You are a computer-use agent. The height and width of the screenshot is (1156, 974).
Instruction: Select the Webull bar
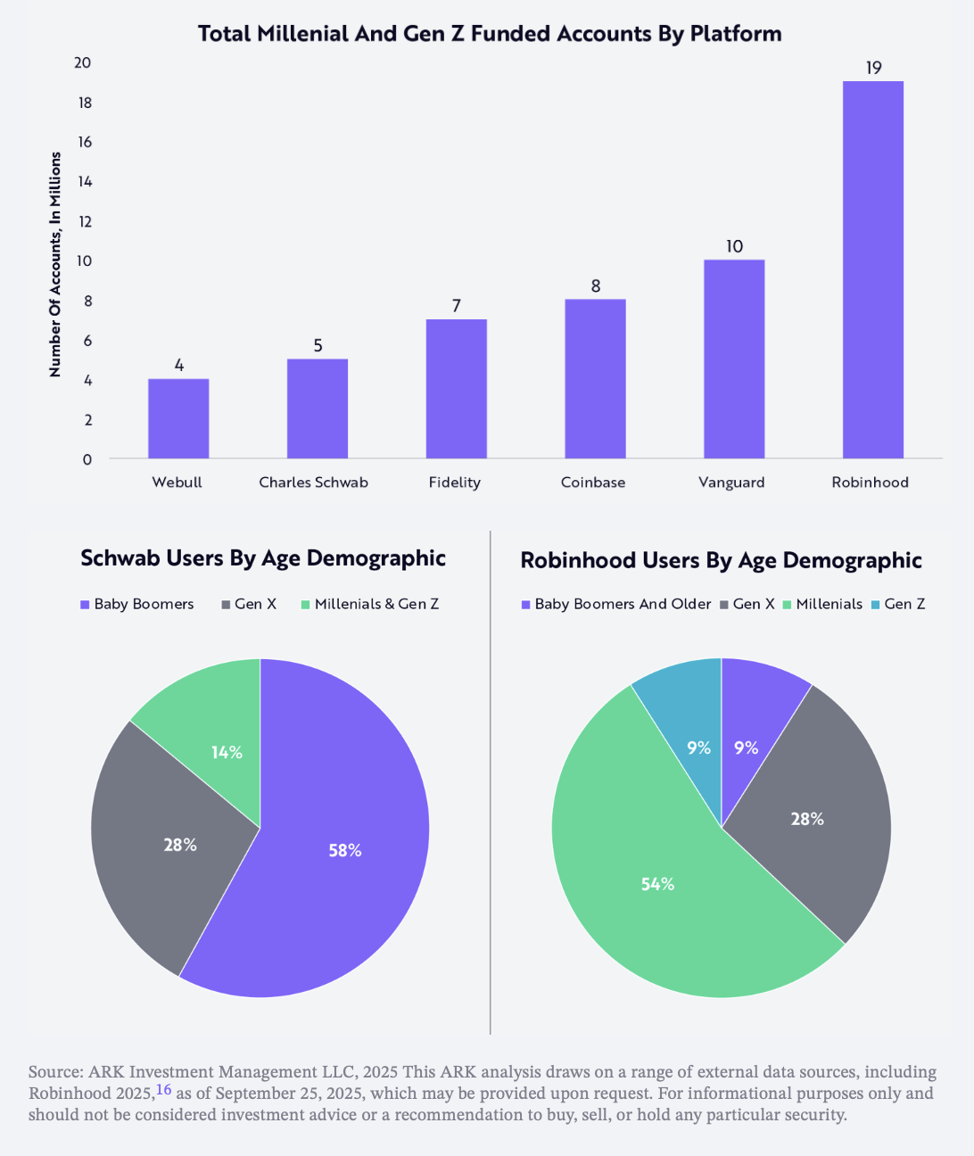(x=178, y=418)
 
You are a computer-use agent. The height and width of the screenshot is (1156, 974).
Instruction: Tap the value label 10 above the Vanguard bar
(x=734, y=246)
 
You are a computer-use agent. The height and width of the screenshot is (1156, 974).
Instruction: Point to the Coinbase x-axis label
(x=593, y=483)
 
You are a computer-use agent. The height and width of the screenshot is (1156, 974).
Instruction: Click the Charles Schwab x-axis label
(x=313, y=483)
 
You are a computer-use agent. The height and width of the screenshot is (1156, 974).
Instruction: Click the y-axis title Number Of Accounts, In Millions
(x=55, y=264)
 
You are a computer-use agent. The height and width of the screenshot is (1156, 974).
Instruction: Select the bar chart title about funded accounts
(x=490, y=34)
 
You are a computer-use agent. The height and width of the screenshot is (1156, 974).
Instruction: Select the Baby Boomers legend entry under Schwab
(x=137, y=604)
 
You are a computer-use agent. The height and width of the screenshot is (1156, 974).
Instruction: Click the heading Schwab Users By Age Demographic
(x=263, y=558)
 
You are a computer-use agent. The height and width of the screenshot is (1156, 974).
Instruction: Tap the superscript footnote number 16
(x=163, y=1089)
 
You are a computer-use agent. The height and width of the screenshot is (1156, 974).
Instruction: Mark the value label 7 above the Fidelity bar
(x=457, y=306)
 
